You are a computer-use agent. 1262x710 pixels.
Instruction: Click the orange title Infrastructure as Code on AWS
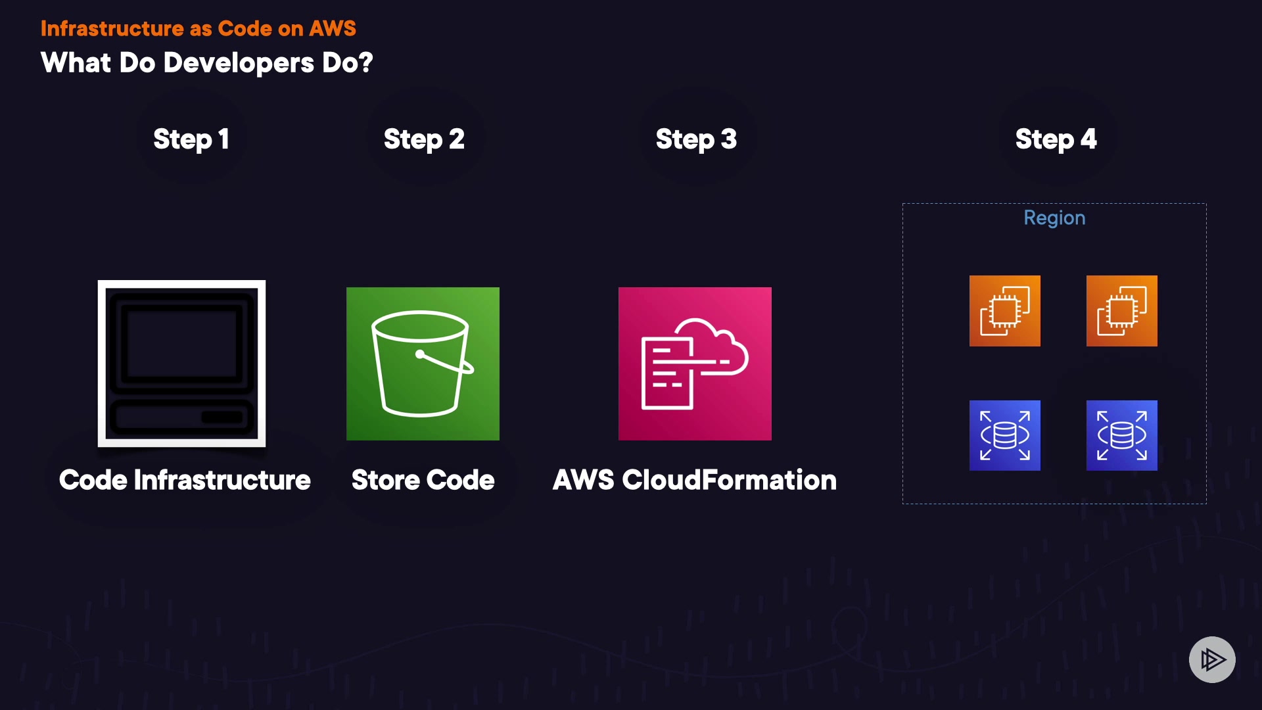(198, 28)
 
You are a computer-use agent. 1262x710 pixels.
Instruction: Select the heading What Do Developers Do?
(206, 63)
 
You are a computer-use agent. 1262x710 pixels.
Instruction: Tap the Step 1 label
(191, 139)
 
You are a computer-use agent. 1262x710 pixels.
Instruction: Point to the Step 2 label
(424, 139)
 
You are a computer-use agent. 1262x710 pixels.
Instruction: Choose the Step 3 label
(696, 139)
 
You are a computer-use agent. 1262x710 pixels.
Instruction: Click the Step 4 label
(1056, 139)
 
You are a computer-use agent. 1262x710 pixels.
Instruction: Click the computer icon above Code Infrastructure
(181, 364)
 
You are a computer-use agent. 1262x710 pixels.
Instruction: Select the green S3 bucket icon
(423, 364)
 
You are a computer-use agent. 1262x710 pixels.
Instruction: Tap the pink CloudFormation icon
(695, 364)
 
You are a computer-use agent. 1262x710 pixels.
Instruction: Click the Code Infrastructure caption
(185, 480)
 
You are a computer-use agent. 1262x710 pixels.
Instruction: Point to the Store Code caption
(423, 480)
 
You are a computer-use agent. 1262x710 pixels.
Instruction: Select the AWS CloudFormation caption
(695, 480)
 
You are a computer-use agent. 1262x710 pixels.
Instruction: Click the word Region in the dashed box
(1054, 218)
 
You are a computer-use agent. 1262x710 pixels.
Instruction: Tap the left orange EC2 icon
(1004, 311)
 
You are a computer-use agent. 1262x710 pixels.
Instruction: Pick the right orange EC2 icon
(1121, 311)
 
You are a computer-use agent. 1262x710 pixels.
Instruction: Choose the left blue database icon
(1004, 435)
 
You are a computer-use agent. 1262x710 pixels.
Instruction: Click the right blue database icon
(1121, 435)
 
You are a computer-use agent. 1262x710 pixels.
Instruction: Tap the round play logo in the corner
(1212, 659)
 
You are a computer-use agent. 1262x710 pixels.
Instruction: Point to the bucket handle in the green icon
(447, 362)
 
